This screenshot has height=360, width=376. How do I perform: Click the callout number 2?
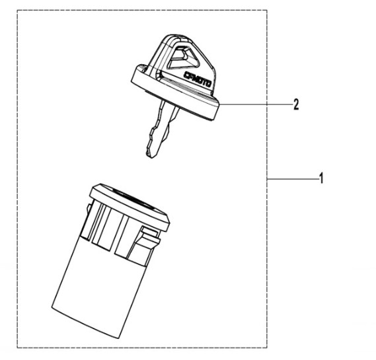[296, 104]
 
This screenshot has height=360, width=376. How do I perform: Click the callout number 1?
[321, 178]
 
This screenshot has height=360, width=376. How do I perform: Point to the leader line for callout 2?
[255, 104]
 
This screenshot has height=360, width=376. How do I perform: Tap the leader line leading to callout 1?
[292, 178]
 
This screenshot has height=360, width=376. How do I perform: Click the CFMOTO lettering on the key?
[197, 79]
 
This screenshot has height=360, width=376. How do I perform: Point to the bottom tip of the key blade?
[151, 157]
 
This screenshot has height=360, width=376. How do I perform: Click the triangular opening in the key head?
[183, 57]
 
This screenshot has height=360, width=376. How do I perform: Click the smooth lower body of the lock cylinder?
[100, 287]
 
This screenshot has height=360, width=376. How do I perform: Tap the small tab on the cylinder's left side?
[88, 209]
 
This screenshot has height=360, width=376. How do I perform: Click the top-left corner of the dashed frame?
[17, 10]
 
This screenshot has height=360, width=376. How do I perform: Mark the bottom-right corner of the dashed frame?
[267, 347]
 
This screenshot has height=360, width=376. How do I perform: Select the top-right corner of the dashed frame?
[267, 10]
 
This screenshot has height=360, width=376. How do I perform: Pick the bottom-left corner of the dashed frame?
[17, 347]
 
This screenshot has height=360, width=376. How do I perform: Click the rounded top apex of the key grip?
[176, 36]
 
